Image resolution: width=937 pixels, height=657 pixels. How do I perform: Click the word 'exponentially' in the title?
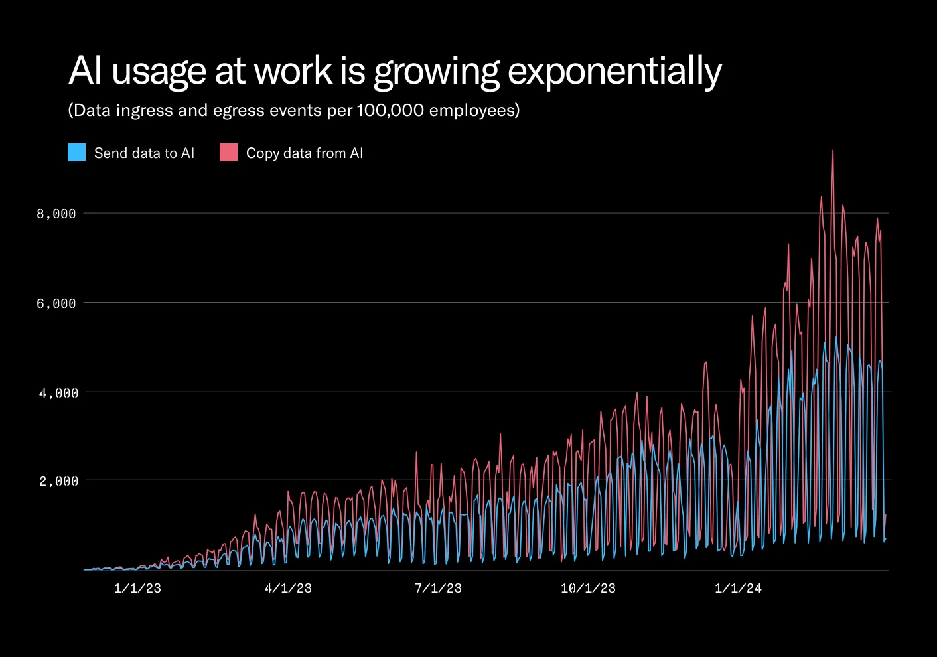click(x=614, y=72)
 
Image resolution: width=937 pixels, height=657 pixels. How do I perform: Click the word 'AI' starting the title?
click(x=85, y=70)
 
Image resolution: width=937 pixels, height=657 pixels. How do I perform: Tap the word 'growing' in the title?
click(x=436, y=72)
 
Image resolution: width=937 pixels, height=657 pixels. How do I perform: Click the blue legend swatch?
click(x=77, y=153)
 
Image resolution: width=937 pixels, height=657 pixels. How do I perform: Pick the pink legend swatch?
click(x=228, y=153)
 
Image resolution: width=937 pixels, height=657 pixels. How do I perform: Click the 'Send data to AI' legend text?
click(x=144, y=153)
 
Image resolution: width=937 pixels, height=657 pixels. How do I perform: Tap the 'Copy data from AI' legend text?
click(x=305, y=153)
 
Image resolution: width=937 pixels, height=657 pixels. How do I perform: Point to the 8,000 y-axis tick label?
click(x=56, y=214)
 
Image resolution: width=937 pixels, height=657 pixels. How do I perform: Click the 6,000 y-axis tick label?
click(x=56, y=303)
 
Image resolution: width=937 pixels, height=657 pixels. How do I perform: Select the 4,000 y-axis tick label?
click(x=58, y=393)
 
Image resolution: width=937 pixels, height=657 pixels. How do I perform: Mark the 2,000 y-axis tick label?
click(x=58, y=481)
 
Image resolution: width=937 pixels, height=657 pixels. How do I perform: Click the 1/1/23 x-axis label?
click(x=137, y=588)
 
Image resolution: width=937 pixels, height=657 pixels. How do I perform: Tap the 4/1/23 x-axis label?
click(x=288, y=588)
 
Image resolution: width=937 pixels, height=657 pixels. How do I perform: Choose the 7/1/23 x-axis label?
click(x=438, y=588)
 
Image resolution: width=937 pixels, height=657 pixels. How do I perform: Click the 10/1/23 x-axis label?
click(x=588, y=588)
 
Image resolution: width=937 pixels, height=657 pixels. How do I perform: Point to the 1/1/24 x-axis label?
click(x=738, y=588)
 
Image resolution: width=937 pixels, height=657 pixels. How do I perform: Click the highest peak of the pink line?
click(x=833, y=151)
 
